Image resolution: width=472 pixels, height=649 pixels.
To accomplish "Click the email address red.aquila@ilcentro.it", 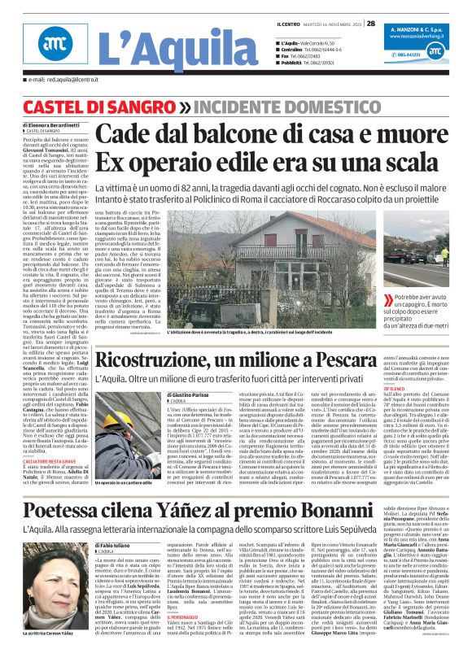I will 60,80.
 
